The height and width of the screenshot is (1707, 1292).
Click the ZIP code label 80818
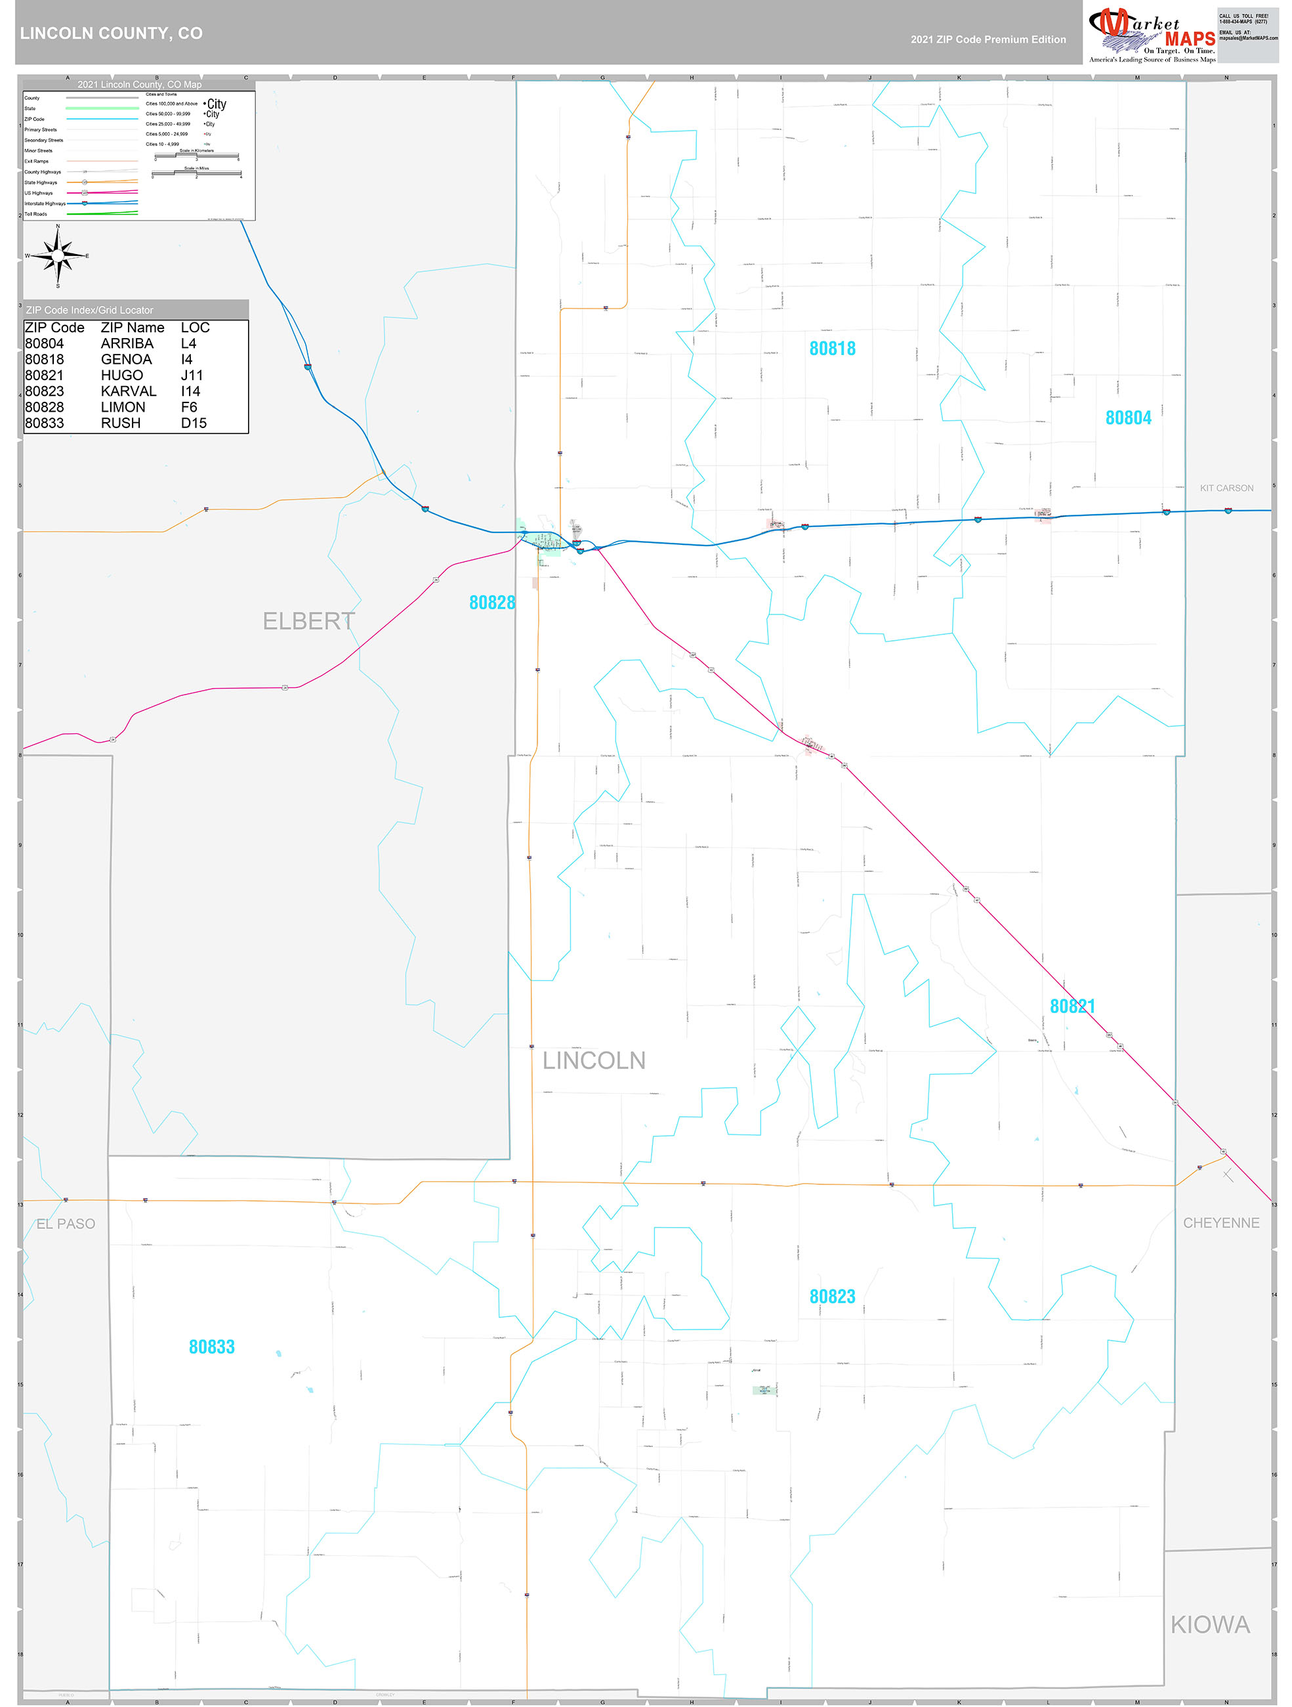point(831,349)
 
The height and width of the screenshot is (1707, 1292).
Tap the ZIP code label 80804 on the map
point(1128,418)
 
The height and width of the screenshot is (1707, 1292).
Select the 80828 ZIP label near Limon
point(491,603)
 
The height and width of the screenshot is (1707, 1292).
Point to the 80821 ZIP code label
point(1072,1006)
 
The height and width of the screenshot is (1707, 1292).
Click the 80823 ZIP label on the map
point(831,1297)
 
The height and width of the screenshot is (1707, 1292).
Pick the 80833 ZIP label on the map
point(211,1347)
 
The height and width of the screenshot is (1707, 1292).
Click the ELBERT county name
point(308,621)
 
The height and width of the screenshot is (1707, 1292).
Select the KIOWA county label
point(1209,1625)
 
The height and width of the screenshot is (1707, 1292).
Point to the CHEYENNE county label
point(1220,1223)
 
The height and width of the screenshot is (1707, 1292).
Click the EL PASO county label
point(66,1224)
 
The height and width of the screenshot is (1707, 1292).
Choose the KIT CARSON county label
point(1226,488)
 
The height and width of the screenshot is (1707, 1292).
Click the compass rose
point(58,255)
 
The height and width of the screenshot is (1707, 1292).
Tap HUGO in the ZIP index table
point(122,376)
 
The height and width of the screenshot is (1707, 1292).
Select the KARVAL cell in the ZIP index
point(128,391)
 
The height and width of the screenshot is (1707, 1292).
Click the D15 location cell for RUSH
point(194,423)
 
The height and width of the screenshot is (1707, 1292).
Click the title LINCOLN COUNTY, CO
point(112,33)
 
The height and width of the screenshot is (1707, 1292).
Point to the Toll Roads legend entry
point(35,215)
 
